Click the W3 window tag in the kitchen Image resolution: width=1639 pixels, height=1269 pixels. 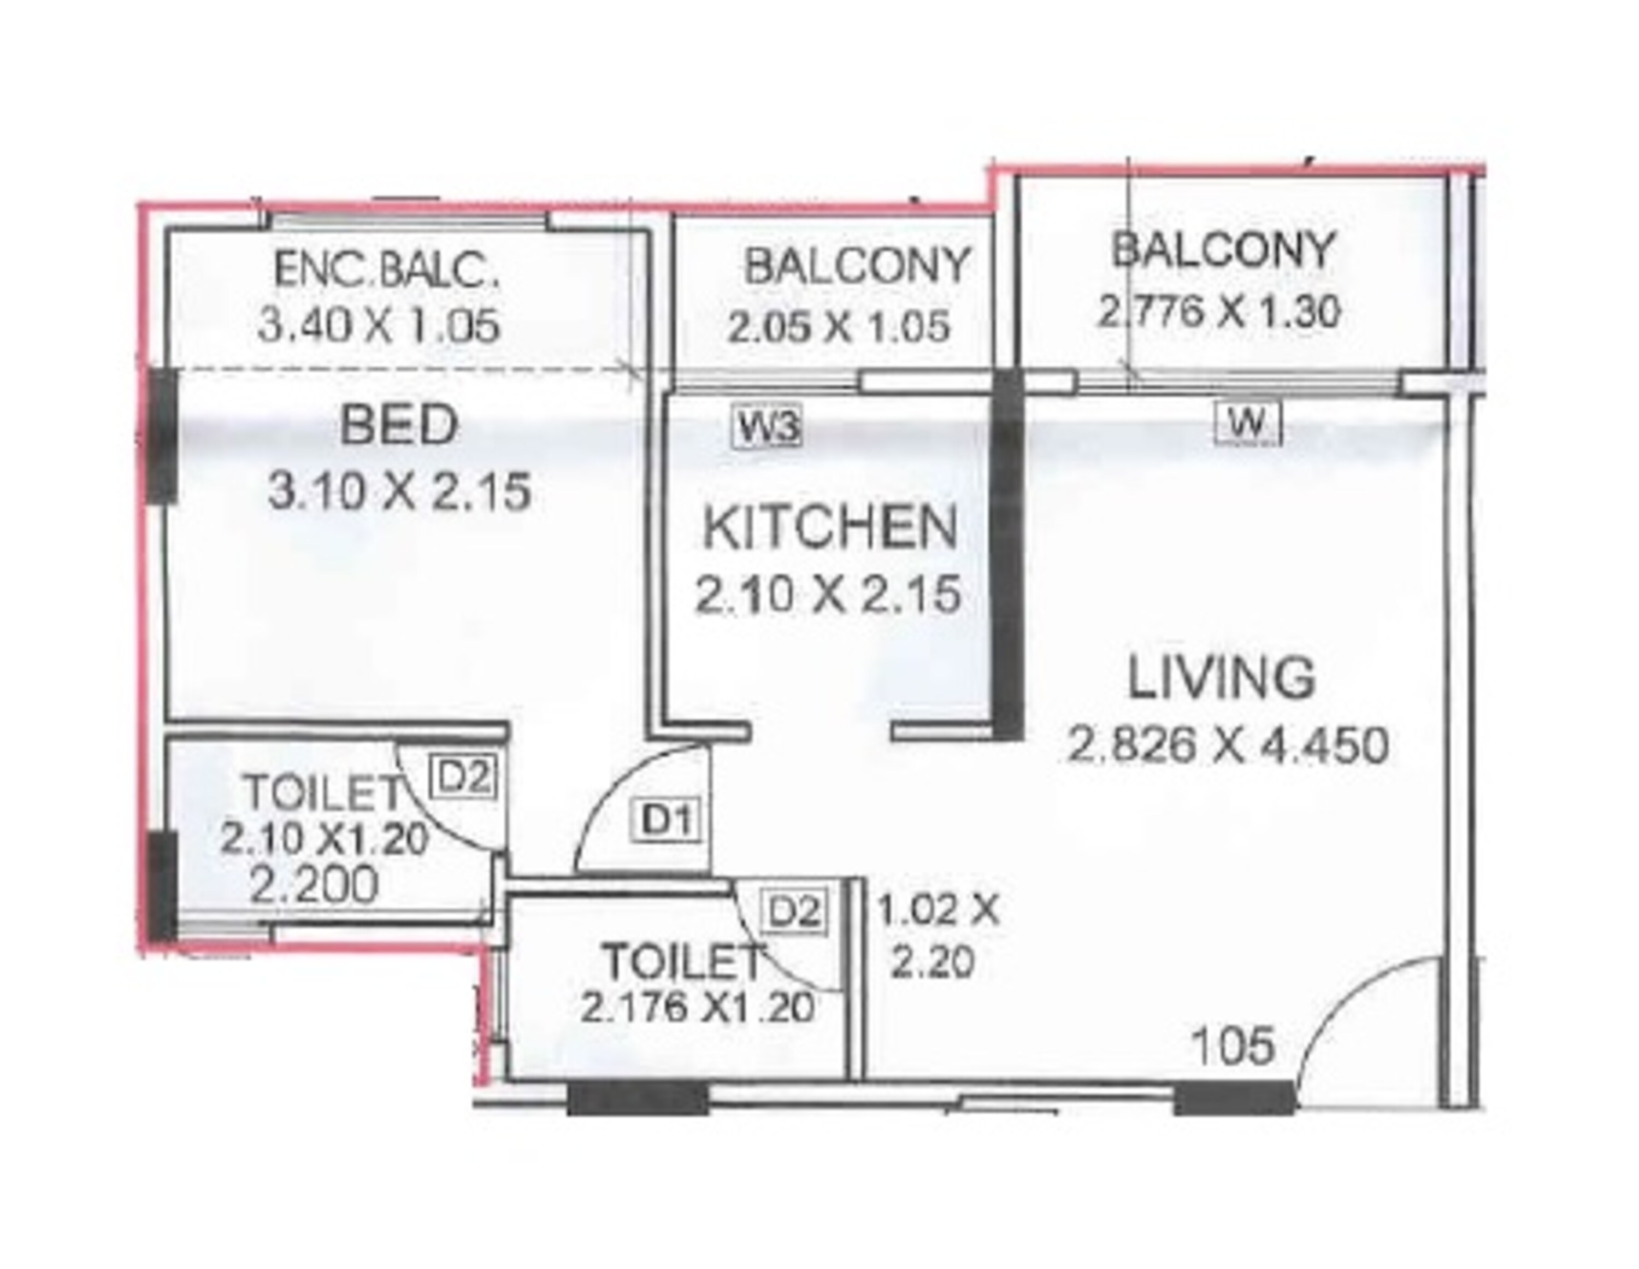point(767,429)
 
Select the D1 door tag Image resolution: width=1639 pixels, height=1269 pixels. point(669,820)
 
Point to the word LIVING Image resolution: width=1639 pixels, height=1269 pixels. point(1222,677)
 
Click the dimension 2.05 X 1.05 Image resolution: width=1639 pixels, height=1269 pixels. point(838,327)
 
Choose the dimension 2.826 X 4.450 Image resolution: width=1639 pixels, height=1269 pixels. point(1227,745)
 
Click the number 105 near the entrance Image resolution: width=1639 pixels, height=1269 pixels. point(1233,1045)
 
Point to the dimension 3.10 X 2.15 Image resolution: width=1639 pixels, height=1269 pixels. point(399,492)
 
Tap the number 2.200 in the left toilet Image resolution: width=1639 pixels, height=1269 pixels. point(315,885)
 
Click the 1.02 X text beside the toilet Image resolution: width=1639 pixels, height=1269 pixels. point(938,912)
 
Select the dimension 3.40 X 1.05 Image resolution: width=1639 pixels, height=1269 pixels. point(378,326)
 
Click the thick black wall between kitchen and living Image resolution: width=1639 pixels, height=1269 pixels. point(1008,556)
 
